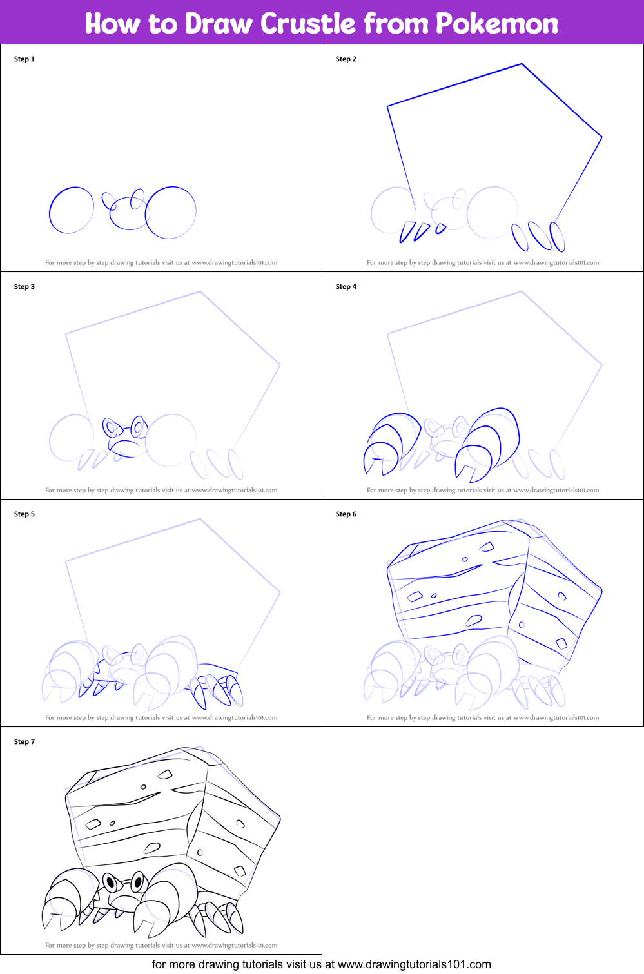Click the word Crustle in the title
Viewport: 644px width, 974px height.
pos(308,23)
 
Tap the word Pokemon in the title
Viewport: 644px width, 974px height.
pos(496,23)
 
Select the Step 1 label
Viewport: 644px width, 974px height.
pos(24,59)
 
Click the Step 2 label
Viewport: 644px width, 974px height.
pos(346,59)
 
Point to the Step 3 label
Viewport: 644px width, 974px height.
pos(24,286)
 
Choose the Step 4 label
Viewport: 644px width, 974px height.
pos(346,286)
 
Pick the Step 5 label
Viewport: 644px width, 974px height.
pos(24,514)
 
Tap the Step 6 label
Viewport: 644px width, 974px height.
pos(346,514)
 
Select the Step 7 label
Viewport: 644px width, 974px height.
pos(24,741)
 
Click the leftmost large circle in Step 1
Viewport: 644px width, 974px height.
pos(72,210)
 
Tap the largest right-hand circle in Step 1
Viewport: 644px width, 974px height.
pos(171,212)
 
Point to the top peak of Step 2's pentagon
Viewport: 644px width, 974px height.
pos(522,64)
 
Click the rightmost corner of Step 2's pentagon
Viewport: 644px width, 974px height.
pos(601,137)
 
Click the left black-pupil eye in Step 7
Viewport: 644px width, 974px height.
pos(110,881)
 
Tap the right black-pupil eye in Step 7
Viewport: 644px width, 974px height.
pos(138,881)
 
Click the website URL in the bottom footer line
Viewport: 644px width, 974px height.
pos(414,964)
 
